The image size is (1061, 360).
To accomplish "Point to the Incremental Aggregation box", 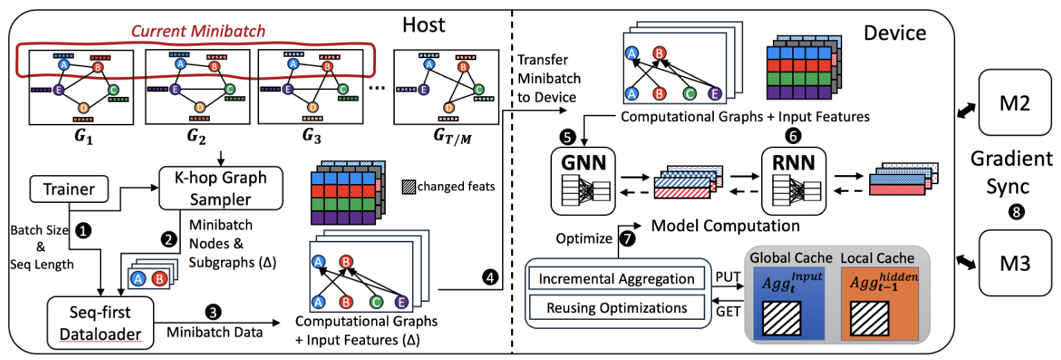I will click(612, 280).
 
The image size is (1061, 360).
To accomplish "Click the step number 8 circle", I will click(1016, 213).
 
